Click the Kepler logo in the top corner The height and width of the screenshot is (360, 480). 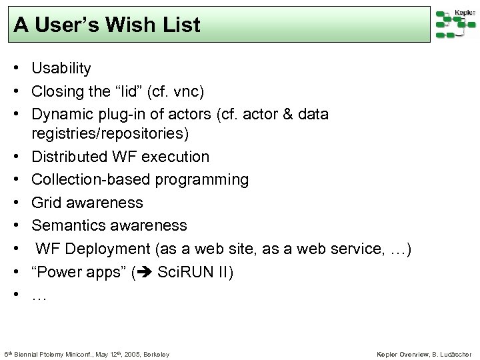click(455, 23)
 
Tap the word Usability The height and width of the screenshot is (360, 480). click(61, 68)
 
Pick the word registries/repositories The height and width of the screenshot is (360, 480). click(110, 134)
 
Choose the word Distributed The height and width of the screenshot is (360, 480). click(69, 157)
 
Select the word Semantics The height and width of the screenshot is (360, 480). click(65, 225)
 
